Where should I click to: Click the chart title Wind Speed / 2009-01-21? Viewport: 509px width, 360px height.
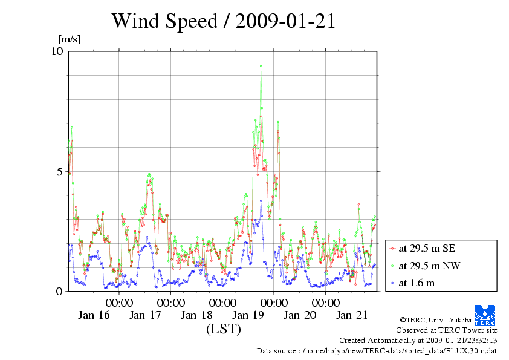(x=223, y=21)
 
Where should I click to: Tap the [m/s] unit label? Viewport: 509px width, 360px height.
(x=69, y=40)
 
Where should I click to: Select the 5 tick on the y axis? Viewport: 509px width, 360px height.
(x=59, y=171)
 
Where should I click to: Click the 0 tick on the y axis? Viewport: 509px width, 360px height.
(x=59, y=291)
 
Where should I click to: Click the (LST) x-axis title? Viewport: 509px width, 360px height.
(x=223, y=329)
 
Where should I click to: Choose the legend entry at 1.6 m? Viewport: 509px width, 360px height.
(x=417, y=283)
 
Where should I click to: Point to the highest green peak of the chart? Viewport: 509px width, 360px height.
(x=261, y=67)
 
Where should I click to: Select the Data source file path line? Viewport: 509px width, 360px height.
(x=377, y=350)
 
